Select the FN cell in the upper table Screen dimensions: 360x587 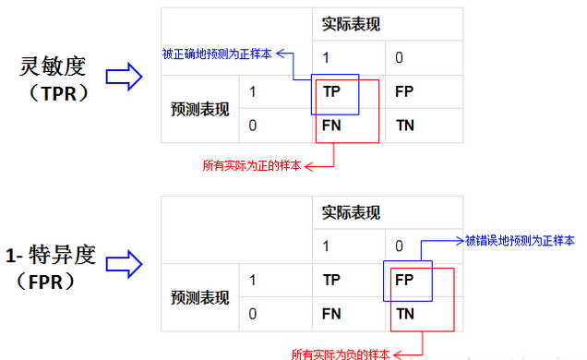point(332,124)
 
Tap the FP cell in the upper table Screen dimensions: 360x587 point(403,91)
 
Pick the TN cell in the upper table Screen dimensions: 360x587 point(403,124)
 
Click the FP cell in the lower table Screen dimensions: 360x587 point(403,280)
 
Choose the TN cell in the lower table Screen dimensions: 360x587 point(404,313)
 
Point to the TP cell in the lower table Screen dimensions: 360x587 point(332,280)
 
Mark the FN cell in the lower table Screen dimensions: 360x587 point(332,313)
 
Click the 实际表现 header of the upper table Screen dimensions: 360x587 point(351,24)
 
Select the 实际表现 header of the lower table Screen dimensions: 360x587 point(351,213)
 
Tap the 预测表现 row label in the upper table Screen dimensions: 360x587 point(198,108)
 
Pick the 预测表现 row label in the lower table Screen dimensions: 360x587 point(198,297)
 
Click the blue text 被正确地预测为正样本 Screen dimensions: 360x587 point(217,54)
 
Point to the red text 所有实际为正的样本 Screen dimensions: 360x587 point(251,166)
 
